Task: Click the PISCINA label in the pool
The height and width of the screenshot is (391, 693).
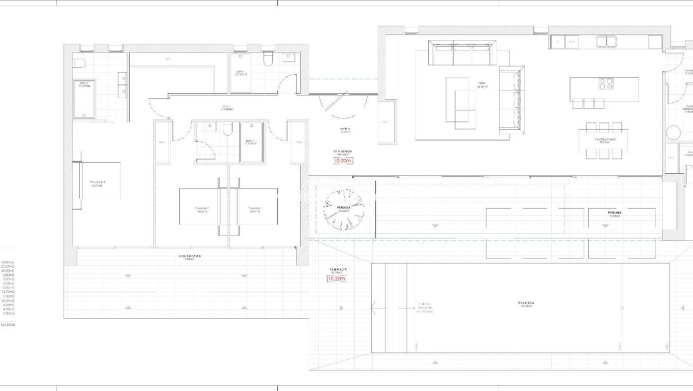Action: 526,303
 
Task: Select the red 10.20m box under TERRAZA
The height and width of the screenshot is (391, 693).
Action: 337,279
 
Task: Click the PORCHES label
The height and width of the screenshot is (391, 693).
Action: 614,212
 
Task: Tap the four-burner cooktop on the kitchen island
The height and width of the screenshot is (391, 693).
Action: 606,84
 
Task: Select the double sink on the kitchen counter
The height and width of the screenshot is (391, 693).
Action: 606,42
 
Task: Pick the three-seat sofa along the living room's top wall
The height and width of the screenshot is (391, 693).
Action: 463,53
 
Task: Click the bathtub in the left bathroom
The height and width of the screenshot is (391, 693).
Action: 84,99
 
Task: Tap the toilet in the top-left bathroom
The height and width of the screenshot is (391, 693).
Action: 79,62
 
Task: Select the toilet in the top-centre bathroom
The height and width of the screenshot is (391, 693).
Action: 269,59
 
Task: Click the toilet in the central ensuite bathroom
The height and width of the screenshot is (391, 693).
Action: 227,129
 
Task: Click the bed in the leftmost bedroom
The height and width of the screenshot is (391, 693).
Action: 98,181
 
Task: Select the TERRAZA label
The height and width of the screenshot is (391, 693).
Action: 338,269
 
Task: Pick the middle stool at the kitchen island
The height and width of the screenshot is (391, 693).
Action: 587,104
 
